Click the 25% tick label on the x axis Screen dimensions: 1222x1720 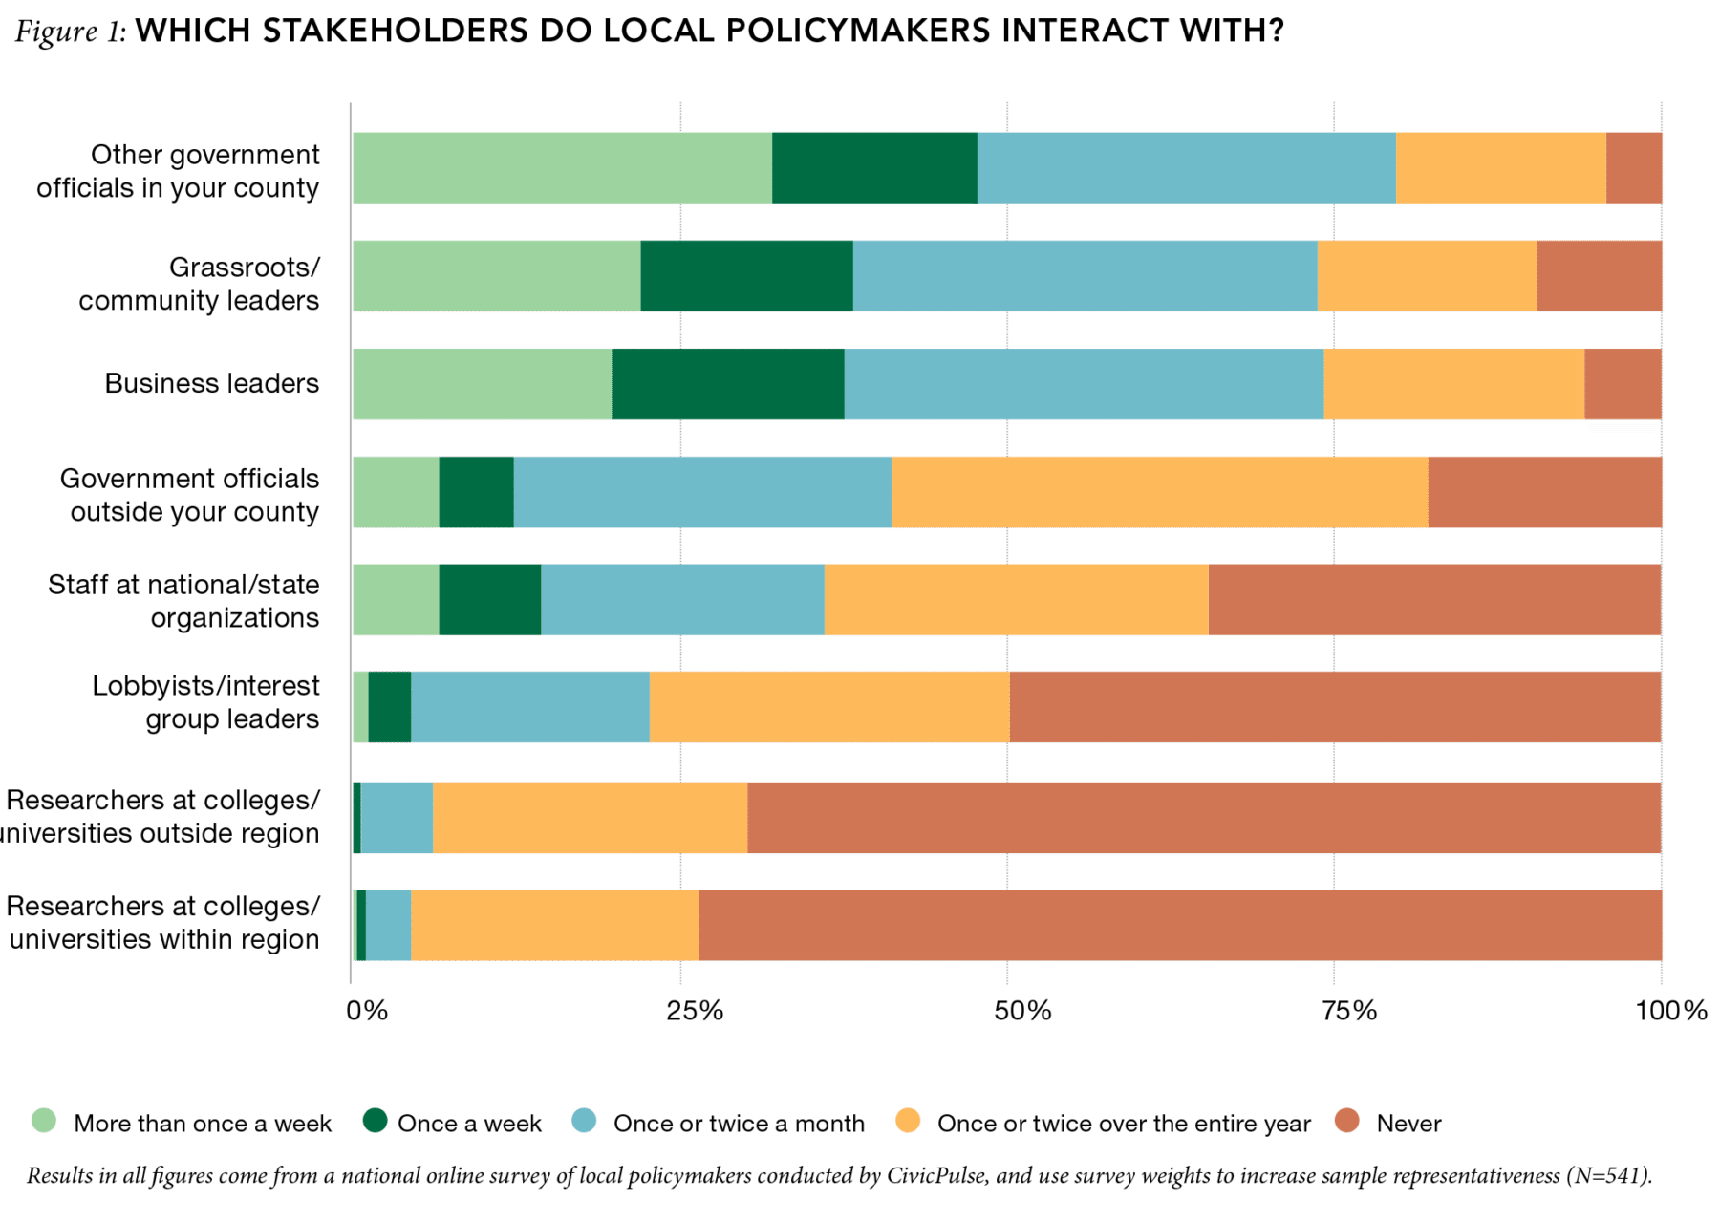(x=694, y=1011)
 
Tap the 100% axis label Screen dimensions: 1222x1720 (x=1670, y=1011)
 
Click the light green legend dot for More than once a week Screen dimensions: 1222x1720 (x=44, y=1121)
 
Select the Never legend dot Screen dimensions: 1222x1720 (x=1347, y=1121)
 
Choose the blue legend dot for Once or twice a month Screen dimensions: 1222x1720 (x=585, y=1121)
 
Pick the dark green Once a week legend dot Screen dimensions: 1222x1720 (x=375, y=1121)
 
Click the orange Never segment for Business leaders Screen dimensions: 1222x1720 (x=1623, y=384)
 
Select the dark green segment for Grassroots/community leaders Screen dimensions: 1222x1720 (x=746, y=276)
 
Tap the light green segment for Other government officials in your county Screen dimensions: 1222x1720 (x=562, y=168)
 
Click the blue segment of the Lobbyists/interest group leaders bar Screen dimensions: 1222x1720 (x=530, y=707)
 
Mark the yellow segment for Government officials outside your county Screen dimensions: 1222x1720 (x=1159, y=492)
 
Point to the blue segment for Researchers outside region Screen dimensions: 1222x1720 (x=397, y=818)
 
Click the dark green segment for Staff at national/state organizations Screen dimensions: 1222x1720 (x=489, y=600)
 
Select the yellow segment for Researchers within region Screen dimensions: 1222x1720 (x=554, y=925)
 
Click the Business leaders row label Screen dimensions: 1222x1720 (x=211, y=384)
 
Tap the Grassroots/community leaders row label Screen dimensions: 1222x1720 (x=199, y=284)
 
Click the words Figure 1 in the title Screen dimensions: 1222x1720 (x=70, y=32)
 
